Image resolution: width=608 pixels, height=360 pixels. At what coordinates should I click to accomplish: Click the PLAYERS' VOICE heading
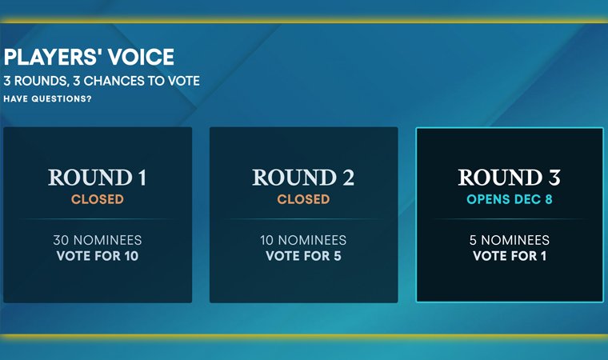(x=89, y=58)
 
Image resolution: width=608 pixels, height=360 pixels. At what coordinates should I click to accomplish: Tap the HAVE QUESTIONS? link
(x=47, y=99)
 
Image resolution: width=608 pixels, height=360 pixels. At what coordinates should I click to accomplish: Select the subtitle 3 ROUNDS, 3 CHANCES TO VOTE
(x=102, y=81)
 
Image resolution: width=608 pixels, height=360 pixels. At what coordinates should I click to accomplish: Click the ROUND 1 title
(x=98, y=178)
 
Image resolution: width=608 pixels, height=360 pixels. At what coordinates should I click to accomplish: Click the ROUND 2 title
(x=303, y=178)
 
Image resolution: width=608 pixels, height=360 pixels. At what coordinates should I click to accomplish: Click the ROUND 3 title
(x=509, y=178)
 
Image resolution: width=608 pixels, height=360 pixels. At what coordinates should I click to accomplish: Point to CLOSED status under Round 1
(x=98, y=198)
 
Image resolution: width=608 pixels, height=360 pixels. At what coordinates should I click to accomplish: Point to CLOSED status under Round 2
(x=303, y=198)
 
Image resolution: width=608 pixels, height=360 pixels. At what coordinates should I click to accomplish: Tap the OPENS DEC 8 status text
(x=509, y=198)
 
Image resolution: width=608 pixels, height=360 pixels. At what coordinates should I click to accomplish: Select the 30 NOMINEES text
(x=98, y=240)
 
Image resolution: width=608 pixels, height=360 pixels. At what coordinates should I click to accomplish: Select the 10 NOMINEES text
(x=303, y=240)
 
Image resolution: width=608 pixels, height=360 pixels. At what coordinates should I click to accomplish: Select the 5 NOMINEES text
(x=509, y=240)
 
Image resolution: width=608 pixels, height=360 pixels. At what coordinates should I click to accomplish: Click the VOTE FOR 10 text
(x=98, y=256)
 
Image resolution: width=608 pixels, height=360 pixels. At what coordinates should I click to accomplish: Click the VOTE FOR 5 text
(x=303, y=256)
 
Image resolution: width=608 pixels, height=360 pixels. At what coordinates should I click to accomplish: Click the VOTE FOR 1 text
(x=509, y=256)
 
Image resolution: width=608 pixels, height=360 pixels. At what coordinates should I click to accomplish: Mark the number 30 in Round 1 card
(x=60, y=240)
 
